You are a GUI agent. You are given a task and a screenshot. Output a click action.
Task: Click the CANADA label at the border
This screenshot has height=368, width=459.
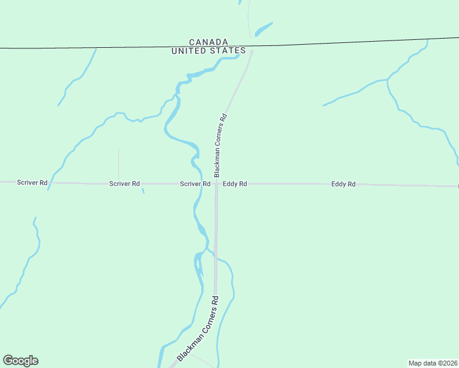click(209, 42)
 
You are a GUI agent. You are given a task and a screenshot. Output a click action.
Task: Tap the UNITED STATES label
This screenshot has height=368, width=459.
click(209, 51)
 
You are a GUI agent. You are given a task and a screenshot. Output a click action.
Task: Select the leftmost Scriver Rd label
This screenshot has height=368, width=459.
click(32, 183)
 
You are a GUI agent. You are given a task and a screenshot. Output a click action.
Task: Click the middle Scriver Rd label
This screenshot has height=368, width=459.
click(125, 183)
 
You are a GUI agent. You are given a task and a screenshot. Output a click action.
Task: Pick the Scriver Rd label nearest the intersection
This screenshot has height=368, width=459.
click(195, 183)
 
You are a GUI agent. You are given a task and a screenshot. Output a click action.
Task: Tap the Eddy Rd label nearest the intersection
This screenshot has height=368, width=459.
click(235, 183)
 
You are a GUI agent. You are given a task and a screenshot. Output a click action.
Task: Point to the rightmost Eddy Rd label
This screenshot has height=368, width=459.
click(343, 183)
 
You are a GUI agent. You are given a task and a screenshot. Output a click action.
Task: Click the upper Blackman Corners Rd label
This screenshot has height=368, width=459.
click(220, 145)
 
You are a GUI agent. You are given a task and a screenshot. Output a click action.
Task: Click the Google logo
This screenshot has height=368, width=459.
click(20, 361)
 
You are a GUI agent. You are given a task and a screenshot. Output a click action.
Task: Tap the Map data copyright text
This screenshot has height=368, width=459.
click(433, 363)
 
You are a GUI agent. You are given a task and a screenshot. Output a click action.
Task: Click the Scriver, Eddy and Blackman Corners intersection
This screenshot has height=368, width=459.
click(216, 183)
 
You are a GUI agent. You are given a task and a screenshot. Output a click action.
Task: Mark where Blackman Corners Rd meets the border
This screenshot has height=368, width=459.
click(252, 46)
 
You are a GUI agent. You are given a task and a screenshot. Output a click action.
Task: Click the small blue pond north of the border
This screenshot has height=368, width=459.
click(263, 28)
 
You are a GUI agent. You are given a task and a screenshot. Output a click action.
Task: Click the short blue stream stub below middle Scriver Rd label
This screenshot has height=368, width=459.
click(143, 191)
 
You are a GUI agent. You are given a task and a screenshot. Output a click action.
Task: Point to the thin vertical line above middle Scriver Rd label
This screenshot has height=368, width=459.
click(118, 163)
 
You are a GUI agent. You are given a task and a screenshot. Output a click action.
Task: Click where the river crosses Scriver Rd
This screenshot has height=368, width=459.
click(199, 183)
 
